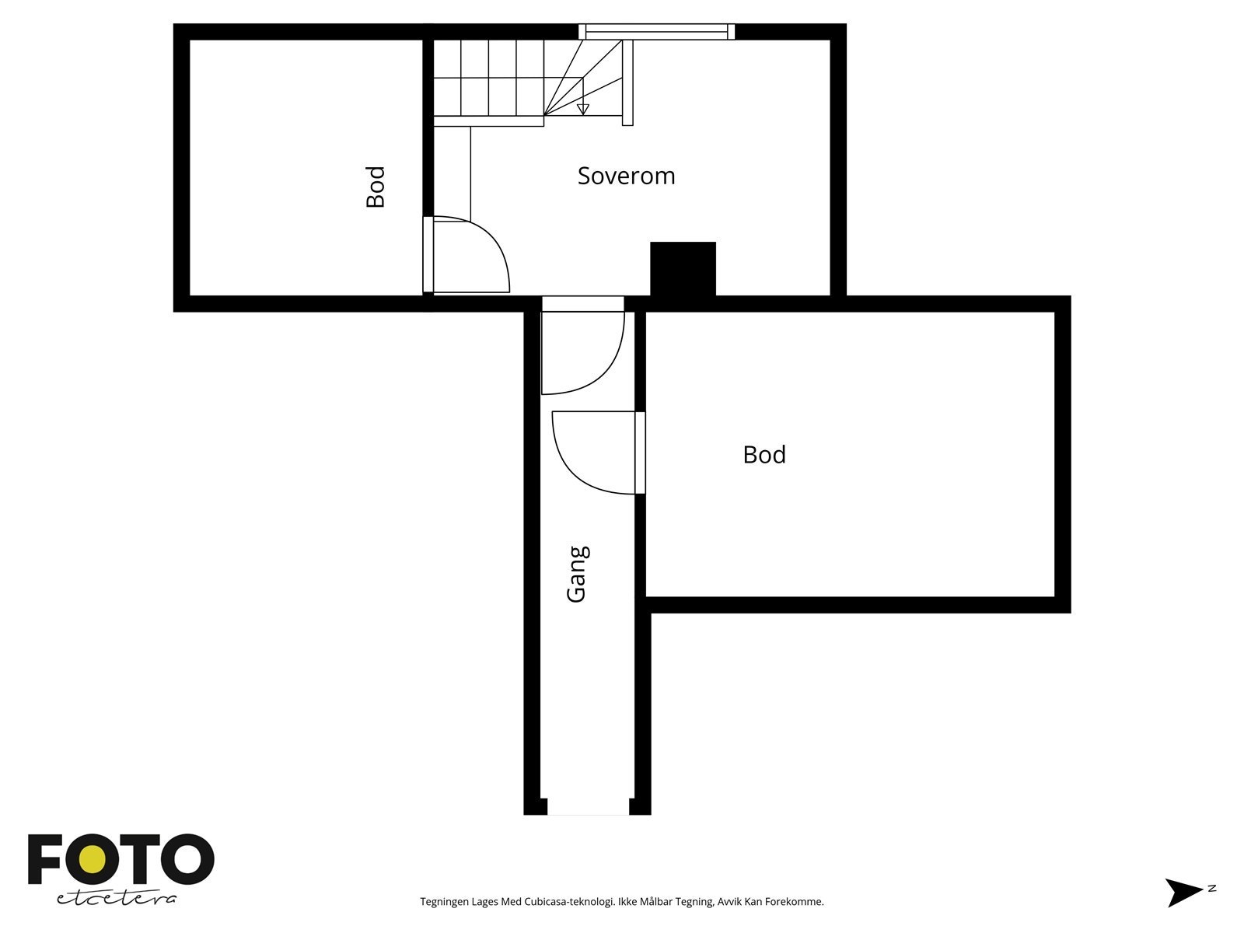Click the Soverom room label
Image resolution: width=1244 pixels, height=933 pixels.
coord(626,176)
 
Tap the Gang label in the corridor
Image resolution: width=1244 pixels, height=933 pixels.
coord(577,574)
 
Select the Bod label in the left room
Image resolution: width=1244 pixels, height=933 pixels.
coord(376,187)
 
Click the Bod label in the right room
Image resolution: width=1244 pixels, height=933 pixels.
coord(764,454)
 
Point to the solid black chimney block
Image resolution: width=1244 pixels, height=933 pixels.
coord(683,268)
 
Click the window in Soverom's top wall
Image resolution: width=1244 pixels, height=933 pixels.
coord(657,31)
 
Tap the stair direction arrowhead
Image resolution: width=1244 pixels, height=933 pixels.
coord(583,110)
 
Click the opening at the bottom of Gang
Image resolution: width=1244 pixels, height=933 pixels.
coord(588,808)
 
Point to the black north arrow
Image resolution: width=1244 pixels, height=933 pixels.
coord(1183,892)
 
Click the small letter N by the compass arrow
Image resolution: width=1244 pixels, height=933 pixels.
coord(1211,888)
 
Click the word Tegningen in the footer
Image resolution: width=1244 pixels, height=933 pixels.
coord(443,902)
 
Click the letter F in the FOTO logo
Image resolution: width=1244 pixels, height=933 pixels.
coord(45,860)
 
